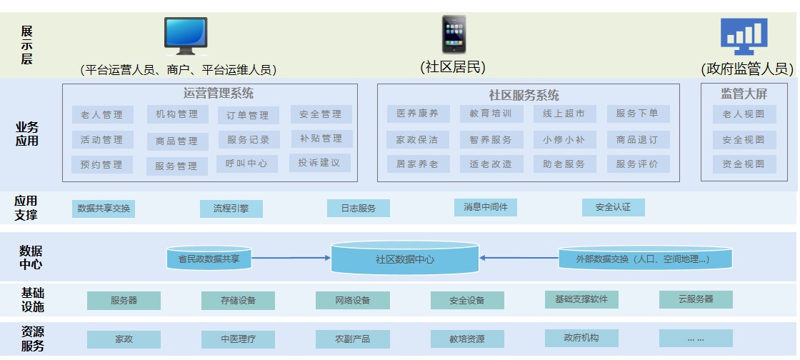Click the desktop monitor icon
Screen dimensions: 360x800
pos(186,36)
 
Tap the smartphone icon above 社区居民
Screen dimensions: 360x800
pos(454,34)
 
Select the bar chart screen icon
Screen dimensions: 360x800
pos(744,36)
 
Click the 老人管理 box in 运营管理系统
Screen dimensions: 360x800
pos(102,114)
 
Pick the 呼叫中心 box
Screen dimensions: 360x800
pos(247,164)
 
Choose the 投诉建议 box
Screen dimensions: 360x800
pos(320,163)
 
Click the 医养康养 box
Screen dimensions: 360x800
pos(418,114)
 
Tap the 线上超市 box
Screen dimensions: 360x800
pos(564,114)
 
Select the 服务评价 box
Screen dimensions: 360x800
pos(638,164)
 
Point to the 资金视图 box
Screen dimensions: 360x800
pos(744,164)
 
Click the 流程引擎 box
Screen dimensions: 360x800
pos(231,209)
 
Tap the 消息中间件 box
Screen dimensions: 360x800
pos(485,207)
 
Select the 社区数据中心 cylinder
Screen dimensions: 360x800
pos(404,259)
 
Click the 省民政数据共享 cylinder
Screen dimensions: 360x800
pos(209,259)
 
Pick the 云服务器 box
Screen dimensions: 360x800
pos(696,299)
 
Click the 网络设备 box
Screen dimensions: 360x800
pos(353,300)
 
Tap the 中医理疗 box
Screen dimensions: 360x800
pos(238,339)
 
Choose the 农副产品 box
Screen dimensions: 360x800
pos(353,339)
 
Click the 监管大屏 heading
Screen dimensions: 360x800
pos(744,93)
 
